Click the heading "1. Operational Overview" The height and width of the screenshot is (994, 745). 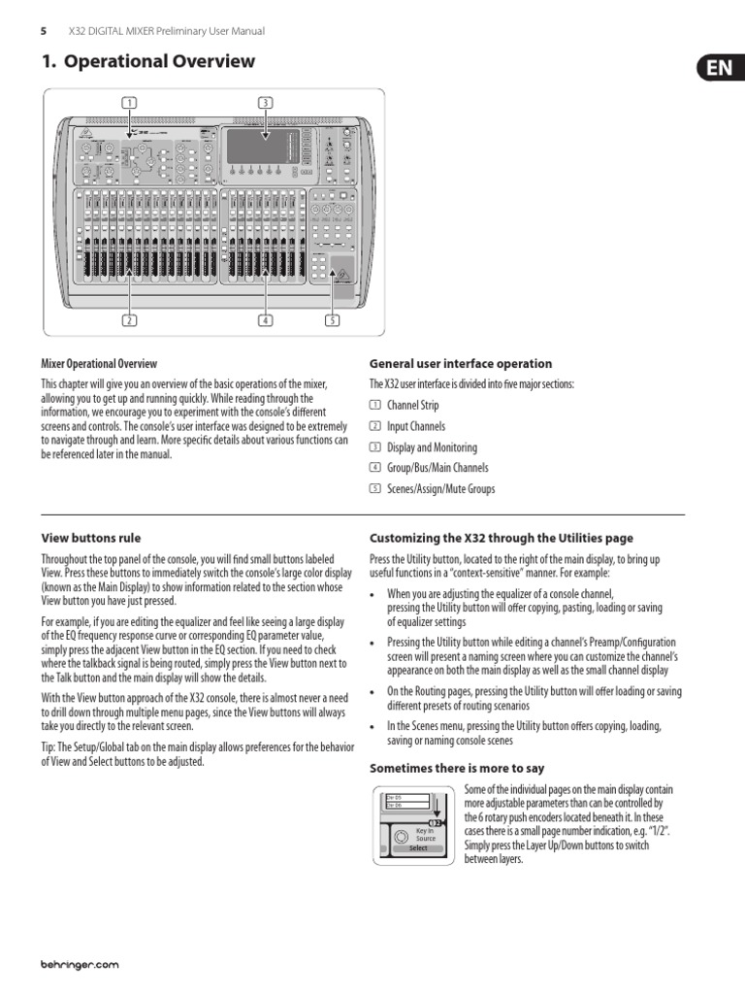pyautogui.click(x=148, y=62)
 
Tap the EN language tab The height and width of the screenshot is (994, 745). pyautogui.click(x=720, y=69)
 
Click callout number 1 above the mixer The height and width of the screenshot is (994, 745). pyautogui.click(x=129, y=102)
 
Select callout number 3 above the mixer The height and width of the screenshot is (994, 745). pyautogui.click(x=265, y=102)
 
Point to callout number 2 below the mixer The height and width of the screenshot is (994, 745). pyautogui.click(x=129, y=319)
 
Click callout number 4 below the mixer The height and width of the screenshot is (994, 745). pyautogui.click(x=265, y=319)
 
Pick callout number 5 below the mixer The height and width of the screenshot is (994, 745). pyautogui.click(x=332, y=319)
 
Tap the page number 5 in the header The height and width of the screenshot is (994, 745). pyautogui.click(x=44, y=31)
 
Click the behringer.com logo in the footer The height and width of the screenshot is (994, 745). pyautogui.click(x=80, y=965)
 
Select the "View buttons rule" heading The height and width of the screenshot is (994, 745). pyautogui.click(x=97, y=538)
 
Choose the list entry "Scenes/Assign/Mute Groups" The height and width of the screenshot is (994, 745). pyautogui.click(x=440, y=489)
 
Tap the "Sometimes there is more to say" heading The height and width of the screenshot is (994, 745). pyautogui.click(x=457, y=769)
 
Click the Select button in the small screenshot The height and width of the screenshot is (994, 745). pyautogui.click(x=417, y=847)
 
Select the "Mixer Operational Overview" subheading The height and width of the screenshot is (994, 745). pyautogui.click(x=99, y=364)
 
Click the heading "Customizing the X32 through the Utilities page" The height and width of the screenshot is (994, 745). pyautogui.click(x=502, y=538)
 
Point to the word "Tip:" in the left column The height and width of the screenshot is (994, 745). pyautogui.click(x=49, y=746)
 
